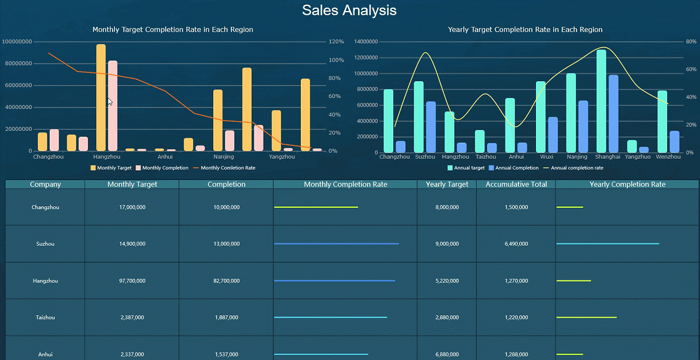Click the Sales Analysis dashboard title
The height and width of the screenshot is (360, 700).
pyautogui.click(x=349, y=10)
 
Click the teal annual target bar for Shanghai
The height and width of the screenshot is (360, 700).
pyautogui.click(x=601, y=101)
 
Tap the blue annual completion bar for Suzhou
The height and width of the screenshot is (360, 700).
pyautogui.click(x=431, y=127)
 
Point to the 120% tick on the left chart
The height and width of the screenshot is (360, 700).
pyautogui.click(x=336, y=42)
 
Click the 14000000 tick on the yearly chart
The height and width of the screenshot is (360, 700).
pyautogui.click(x=366, y=42)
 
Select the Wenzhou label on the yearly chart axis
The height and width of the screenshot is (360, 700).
pyautogui.click(x=668, y=157)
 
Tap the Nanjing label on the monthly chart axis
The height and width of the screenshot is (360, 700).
pyautogui.click(x=224, y=157)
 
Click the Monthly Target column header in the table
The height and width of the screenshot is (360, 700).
pyautogui.click(x=132, y=184)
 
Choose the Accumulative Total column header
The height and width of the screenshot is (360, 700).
pyautogui.click(x=516, y=184)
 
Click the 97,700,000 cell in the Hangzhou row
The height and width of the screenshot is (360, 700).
pyautogui.click(x=132, y=281)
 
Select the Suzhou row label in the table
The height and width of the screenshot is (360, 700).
pyautogui.click(x=45, y=244)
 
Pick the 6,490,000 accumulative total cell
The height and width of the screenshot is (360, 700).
pyautogui.click(x=516, y=244)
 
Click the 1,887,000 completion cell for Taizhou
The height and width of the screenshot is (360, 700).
pyautogui.click(x=226, y=317)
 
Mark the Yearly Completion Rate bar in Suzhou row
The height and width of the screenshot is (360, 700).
pyautogui.click(x=607, y=244)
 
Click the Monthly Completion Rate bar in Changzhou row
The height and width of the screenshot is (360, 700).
pyautogui.click(x=316, y=207)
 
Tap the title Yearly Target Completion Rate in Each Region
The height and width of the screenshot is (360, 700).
pyautogui.click(x=525, y=30)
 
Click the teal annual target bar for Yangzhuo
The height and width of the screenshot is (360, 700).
pyautogui.click(x=632, y=146)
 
